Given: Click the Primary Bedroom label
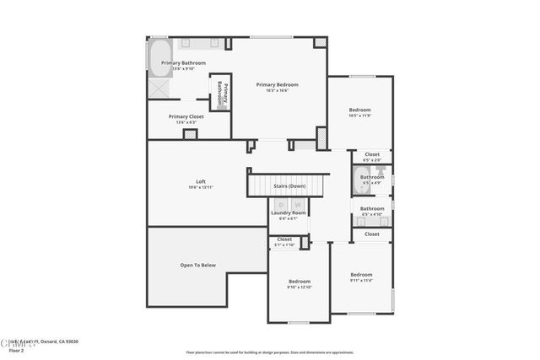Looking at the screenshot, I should click(278, 84).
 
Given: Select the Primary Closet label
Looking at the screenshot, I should click(185, 117).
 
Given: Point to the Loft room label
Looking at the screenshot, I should click(201, 181).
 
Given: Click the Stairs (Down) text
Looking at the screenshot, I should click(289, 185).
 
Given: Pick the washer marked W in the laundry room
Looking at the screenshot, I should click(297, 204).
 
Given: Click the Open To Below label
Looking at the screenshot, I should click(197, 266).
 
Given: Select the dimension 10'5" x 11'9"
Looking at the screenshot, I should click(360, 116).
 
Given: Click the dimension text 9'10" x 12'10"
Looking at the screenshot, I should click(300, 287).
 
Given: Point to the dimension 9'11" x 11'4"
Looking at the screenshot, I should click(361, 281).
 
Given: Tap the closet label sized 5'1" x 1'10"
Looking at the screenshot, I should click(283, 244).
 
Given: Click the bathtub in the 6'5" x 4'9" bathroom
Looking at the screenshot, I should click(359, 180).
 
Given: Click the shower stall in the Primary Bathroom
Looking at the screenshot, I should click(159, 89).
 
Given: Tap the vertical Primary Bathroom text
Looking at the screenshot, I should click(220, 93).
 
